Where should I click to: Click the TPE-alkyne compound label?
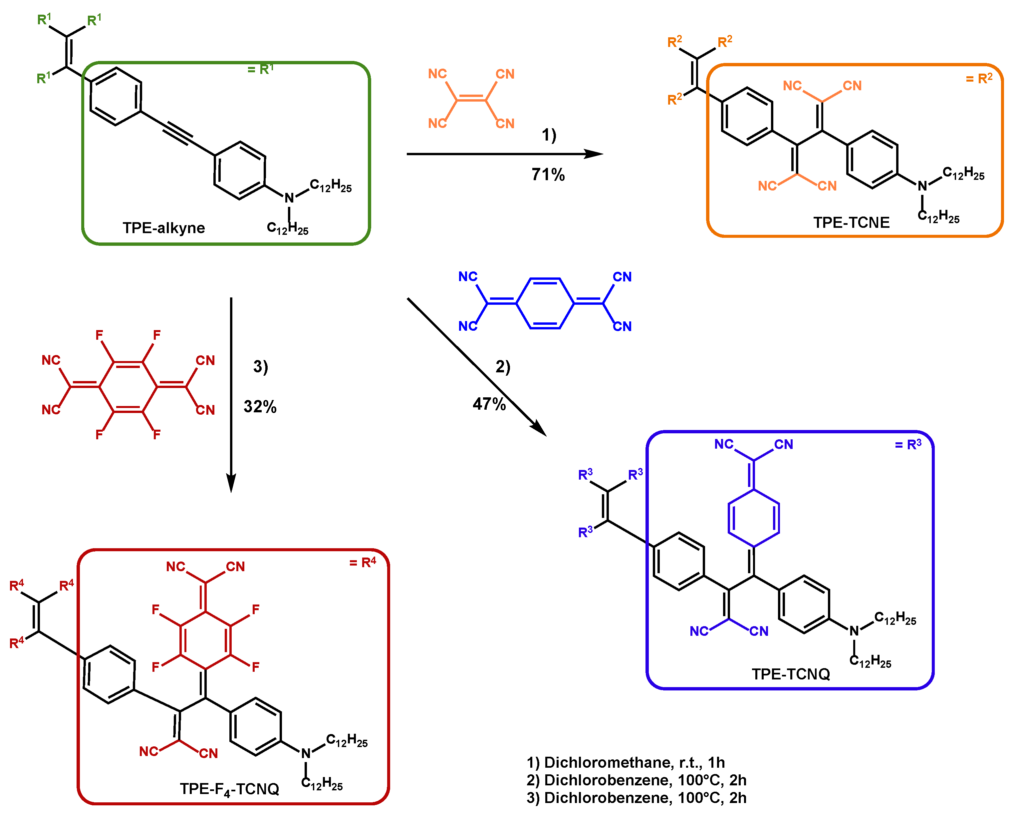tap(164, 228)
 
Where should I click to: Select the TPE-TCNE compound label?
tap(851, 222)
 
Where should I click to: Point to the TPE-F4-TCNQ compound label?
tap(229, 789)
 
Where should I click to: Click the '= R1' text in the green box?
tap(260, 69)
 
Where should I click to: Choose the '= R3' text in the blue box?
tap(908, 444)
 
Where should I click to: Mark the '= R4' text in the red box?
tap(363, 562)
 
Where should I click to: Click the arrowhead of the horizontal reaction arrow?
tap(594, 154)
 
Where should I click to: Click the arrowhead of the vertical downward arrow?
tap(231, 483)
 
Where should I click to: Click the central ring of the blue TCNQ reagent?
tap(545, 303)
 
